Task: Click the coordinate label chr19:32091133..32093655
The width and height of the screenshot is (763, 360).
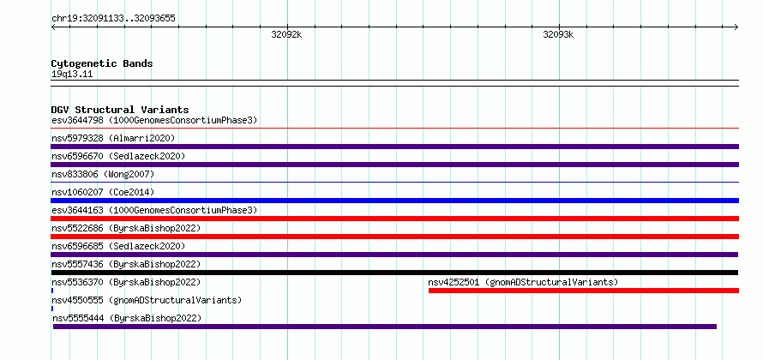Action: (113, 19)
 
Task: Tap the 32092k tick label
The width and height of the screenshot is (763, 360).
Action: (286, 35)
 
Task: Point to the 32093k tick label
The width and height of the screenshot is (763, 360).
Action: (558, 35)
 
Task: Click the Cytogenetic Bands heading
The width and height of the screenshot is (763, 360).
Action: (102, 63)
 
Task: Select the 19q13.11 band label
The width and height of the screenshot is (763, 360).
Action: (72, 75)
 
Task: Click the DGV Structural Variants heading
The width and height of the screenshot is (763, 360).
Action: (120, 110)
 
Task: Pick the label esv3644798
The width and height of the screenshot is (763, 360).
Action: (78, 120)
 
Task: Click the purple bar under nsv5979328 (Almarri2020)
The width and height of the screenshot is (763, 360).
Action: (394, 147)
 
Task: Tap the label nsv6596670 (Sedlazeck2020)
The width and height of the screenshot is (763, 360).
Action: (118, 156)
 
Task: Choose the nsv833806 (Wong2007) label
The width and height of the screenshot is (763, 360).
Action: (103, 174)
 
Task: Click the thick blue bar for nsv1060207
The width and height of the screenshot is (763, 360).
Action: (394, 201)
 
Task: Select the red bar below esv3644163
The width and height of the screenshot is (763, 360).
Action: (394, 219)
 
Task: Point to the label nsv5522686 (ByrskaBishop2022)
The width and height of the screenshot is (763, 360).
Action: (126, 228)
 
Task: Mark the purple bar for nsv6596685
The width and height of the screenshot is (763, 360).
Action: (394, 255)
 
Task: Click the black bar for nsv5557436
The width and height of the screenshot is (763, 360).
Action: (394, 273)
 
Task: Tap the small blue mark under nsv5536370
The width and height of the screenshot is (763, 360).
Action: (52, 291)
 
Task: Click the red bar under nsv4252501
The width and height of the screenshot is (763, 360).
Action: (584, 291)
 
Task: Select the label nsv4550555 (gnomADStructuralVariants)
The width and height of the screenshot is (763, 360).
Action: (147, 300)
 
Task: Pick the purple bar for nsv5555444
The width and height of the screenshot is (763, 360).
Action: (384, 327)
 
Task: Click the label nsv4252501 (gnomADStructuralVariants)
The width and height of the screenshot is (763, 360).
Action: (523, 282)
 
